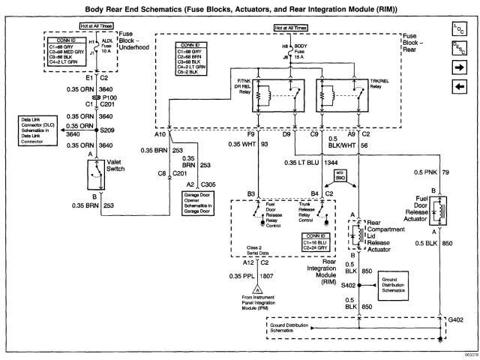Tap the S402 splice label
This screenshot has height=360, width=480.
tap(347, 286)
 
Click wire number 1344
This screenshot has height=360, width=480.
tap(330, 160)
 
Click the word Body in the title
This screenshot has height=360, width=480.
tap(163, 8)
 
